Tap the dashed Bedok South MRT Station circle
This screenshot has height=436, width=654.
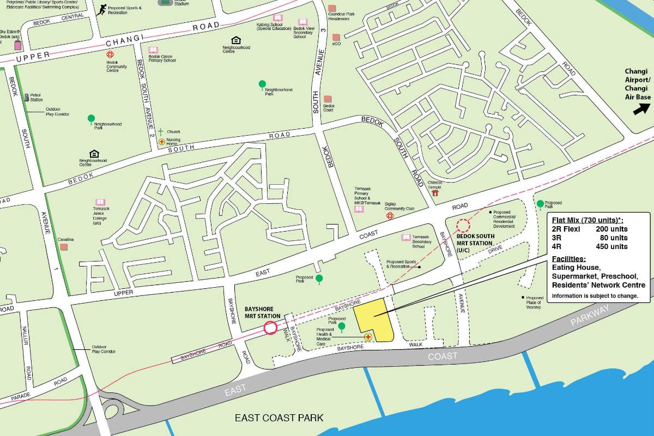click(463, 225)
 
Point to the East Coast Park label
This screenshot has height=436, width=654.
click(279, 418)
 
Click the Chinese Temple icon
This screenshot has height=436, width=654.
click(435, 193)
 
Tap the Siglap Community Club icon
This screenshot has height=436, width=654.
click(390, 216)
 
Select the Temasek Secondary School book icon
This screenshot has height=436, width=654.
click(405, 238)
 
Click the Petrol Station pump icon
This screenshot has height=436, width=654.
click(27, 97)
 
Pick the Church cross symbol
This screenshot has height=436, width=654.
click(161, 132)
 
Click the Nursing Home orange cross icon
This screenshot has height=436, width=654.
click(161, 142)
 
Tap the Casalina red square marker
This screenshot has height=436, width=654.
click(64, 247)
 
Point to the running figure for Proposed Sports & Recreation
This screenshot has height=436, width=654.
click(101, 9)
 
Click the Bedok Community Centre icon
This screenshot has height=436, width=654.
click(110, 55)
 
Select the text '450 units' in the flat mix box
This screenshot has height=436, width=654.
click(611, 246)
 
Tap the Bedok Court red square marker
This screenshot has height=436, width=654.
click(327, 99)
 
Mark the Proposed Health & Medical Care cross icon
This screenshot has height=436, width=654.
click(368, 337)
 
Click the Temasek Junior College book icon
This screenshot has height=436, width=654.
click(100, 202)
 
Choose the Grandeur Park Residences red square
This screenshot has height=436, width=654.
click(332, 9)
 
